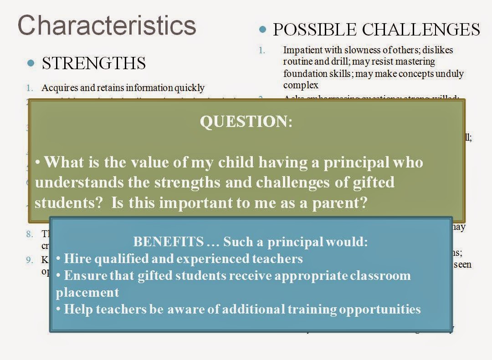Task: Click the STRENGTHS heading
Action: (93, 63)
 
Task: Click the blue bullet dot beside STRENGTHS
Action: (31, 63)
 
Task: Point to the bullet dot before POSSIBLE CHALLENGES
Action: (262, 29)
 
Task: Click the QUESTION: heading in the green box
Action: (246, 122)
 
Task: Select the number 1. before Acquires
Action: (30, 88)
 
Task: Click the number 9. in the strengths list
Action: (30, 260)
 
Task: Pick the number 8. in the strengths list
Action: (30, 234)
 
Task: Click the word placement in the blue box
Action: (87, 292)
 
